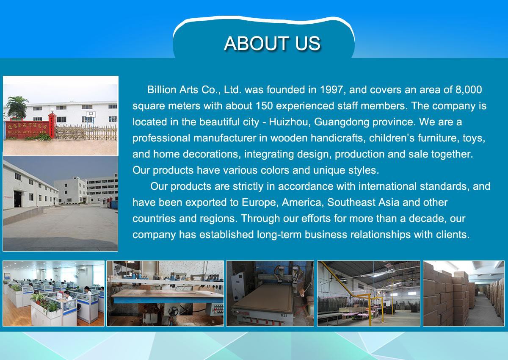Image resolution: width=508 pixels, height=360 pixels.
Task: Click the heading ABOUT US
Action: (x=272, y=43)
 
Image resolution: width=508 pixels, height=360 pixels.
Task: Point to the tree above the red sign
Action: (x=18, y=106)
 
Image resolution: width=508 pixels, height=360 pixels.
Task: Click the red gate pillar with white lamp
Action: (x=52, y=125)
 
